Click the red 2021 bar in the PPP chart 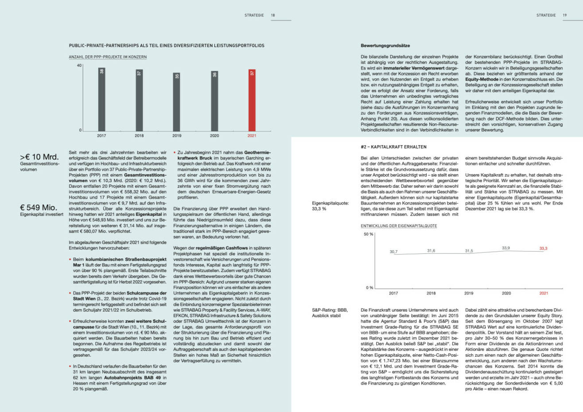point(252,100)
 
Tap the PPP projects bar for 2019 point(177,101)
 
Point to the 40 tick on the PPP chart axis point(79,66)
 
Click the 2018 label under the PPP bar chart point(139,136)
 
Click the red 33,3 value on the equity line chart point(544,249)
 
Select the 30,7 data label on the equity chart point(393,252)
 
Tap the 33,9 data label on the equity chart point(506,248)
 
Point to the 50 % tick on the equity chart point(369,234)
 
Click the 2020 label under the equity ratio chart point(506,293)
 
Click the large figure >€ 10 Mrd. point(39,157)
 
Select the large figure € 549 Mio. point(39,207)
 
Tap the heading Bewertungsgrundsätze point(385,46)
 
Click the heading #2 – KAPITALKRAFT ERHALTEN point(388,147)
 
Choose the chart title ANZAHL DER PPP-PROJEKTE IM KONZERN point(108,57)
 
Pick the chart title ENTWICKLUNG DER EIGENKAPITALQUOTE point(399,226)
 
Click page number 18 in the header point(273,16)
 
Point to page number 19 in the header point(565,16)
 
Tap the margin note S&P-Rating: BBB point(330,310)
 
